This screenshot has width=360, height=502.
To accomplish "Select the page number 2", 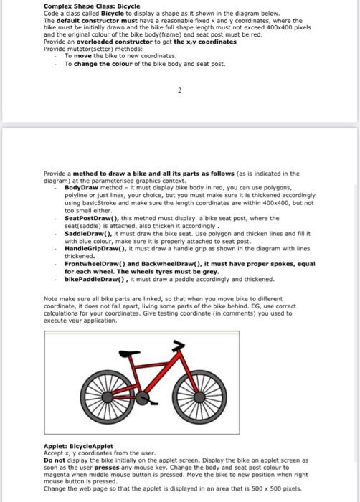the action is click(180, 91).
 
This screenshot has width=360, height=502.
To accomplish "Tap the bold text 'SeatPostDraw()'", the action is click(87, 218).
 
